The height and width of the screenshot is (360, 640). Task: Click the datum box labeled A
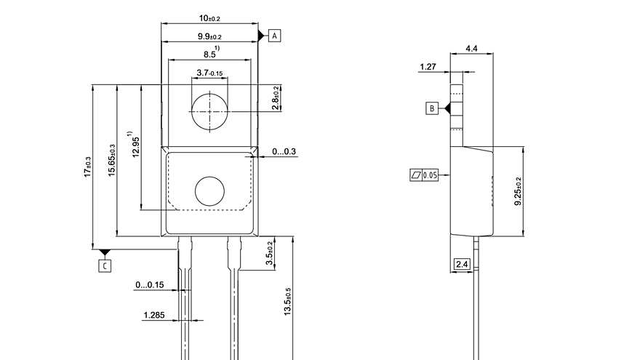coord(274,36)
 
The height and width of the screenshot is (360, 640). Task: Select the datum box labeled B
coord(432,108)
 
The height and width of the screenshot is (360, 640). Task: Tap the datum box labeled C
coord(105,266)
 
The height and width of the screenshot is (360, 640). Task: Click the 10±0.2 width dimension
coord(209,18)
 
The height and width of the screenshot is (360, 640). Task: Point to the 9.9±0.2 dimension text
coord(209,36)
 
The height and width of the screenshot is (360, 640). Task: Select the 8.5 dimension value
coord(209,55)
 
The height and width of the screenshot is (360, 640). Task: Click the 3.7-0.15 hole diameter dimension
coord(209,73)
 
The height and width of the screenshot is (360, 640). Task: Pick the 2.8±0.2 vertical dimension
coord(276,98)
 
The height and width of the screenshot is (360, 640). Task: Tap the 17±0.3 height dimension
coord(88,167)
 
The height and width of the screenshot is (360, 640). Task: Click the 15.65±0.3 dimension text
coord(112,161)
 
